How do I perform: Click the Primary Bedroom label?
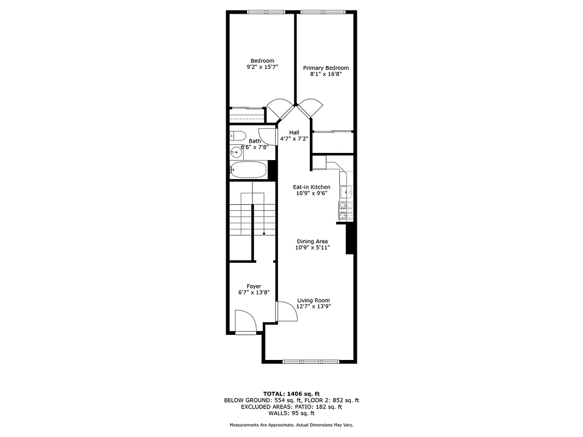pos(326,68)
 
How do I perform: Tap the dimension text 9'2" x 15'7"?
pos(262,67)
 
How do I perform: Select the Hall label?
pos(295,132)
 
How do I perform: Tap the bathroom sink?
pos(236,152)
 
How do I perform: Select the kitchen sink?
pos(346,192)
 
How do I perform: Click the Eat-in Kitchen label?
pos(311,187)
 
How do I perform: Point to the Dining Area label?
pos(312,241)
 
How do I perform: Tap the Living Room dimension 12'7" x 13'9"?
pos(314,307)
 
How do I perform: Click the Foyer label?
pos(254,286)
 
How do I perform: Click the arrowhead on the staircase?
pos(264,233)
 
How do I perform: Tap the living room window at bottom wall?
pos(311,361)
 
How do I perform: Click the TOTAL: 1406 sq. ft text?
pos(291,393)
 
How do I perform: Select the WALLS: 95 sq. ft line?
pos(291,413)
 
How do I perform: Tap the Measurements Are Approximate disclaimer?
pos(291,425)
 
